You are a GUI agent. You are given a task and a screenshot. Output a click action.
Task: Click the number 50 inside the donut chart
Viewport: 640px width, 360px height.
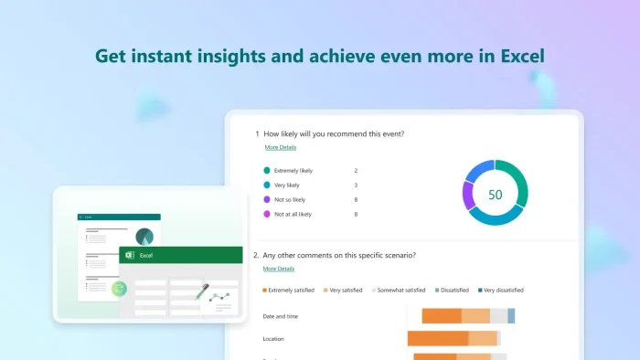point(495,195)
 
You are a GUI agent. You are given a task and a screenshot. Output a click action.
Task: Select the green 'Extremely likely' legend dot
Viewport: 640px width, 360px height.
point(267,171)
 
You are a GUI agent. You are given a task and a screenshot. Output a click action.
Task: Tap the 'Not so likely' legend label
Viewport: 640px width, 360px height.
point(290,199)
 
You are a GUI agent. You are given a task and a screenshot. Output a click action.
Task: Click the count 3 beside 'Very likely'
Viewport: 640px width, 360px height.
point(356,185)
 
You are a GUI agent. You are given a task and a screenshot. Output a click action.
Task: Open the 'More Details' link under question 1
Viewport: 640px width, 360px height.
point(280,147)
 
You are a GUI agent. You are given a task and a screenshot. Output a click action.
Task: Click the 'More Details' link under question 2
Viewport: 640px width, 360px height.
point(278,269)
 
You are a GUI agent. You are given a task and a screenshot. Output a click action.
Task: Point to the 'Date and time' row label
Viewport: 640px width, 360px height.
point(281,316)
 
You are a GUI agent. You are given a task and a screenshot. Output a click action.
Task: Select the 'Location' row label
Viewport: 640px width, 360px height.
point(274,339)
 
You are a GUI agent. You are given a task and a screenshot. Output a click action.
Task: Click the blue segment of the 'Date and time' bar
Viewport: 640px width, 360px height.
point(511,316)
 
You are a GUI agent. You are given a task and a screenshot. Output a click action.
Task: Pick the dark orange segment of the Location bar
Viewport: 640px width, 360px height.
point(438,339)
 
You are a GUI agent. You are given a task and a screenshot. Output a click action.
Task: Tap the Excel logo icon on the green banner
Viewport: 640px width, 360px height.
point(130,256)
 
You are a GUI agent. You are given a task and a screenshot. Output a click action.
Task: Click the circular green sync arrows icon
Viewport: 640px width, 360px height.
point(118,289)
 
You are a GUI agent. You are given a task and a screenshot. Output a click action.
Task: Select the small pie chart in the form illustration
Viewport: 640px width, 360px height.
point(144,236)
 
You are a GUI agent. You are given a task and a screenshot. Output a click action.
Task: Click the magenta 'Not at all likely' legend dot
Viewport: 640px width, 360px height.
point(267,214)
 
